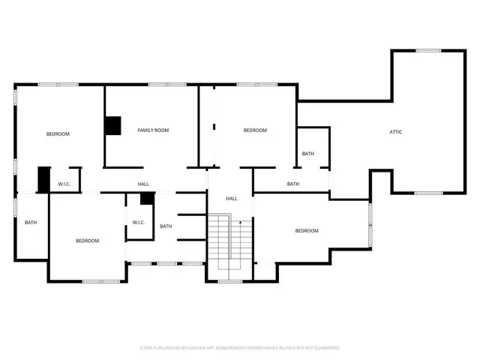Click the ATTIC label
click(x=396, y=132)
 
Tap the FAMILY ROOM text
click(x=152, y=130)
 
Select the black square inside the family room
click(x=112, y=126)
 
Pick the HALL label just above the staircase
click(x=232, y=199)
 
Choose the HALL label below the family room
click(x=143, y=184)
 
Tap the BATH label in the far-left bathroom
click(x=31, y=222)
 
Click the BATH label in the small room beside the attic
click(x=308, y=154)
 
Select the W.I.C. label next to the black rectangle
click(x=64, y=184)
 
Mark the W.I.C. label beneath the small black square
click(x=139, y=222)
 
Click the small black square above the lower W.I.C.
click(x=147, y=199)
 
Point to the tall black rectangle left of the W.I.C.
click(x=43, y=179)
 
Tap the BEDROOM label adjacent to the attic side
click(x=306, y=231)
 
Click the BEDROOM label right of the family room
click(x=255, y=130)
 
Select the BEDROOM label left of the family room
click(x=58, y=134)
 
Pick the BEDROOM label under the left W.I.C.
click(x=87, y=241)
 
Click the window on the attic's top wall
click(x=428, y=50)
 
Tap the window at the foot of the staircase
click(x=230, y=282)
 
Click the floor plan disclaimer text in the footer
click(x=240, y=348)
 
